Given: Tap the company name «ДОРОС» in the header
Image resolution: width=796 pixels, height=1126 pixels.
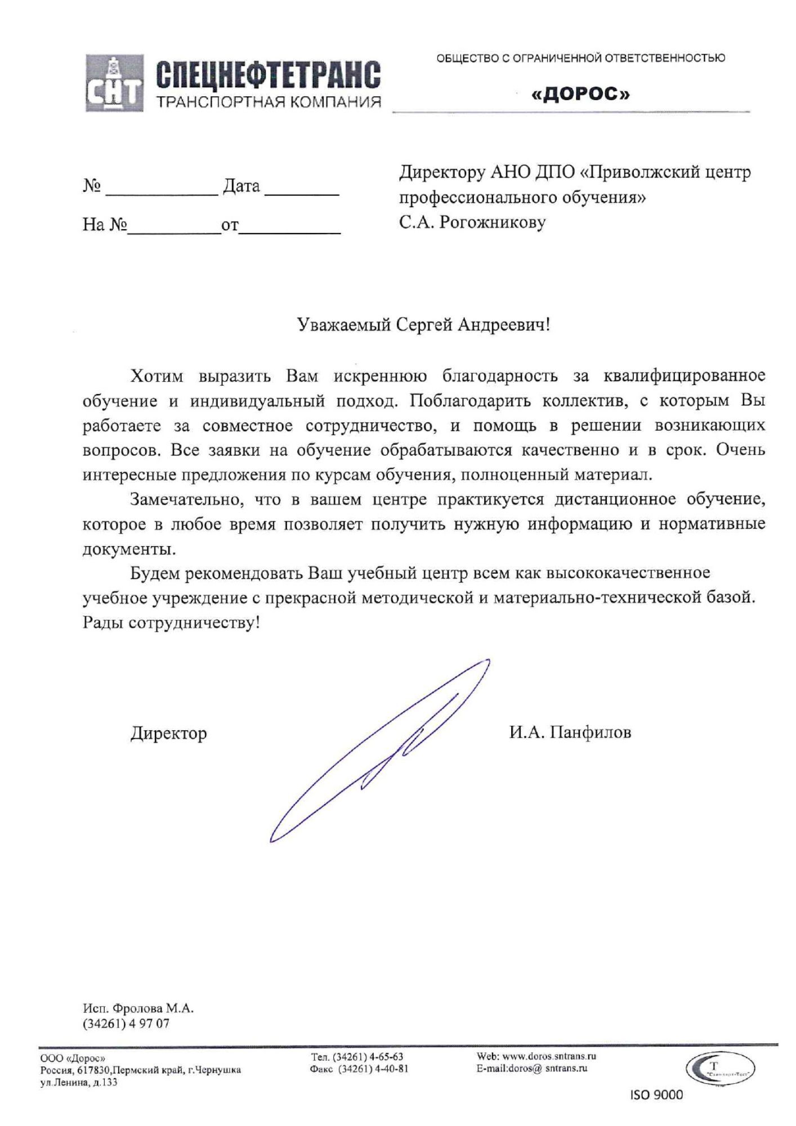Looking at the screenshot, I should (x=580, y=94).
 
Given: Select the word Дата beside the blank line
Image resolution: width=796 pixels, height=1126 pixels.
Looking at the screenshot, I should (x=242, y=186).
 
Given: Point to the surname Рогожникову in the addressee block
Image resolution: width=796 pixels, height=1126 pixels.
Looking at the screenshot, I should (x=493, y=222).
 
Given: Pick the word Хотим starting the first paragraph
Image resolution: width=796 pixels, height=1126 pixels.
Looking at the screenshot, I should (x=157, y=376).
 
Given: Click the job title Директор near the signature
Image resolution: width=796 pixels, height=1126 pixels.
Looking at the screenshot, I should (x=169, y=733).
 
